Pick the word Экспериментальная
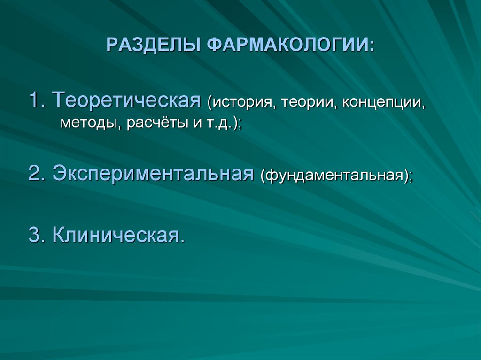coord(150,174)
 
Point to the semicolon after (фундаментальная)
coord(411,177)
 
